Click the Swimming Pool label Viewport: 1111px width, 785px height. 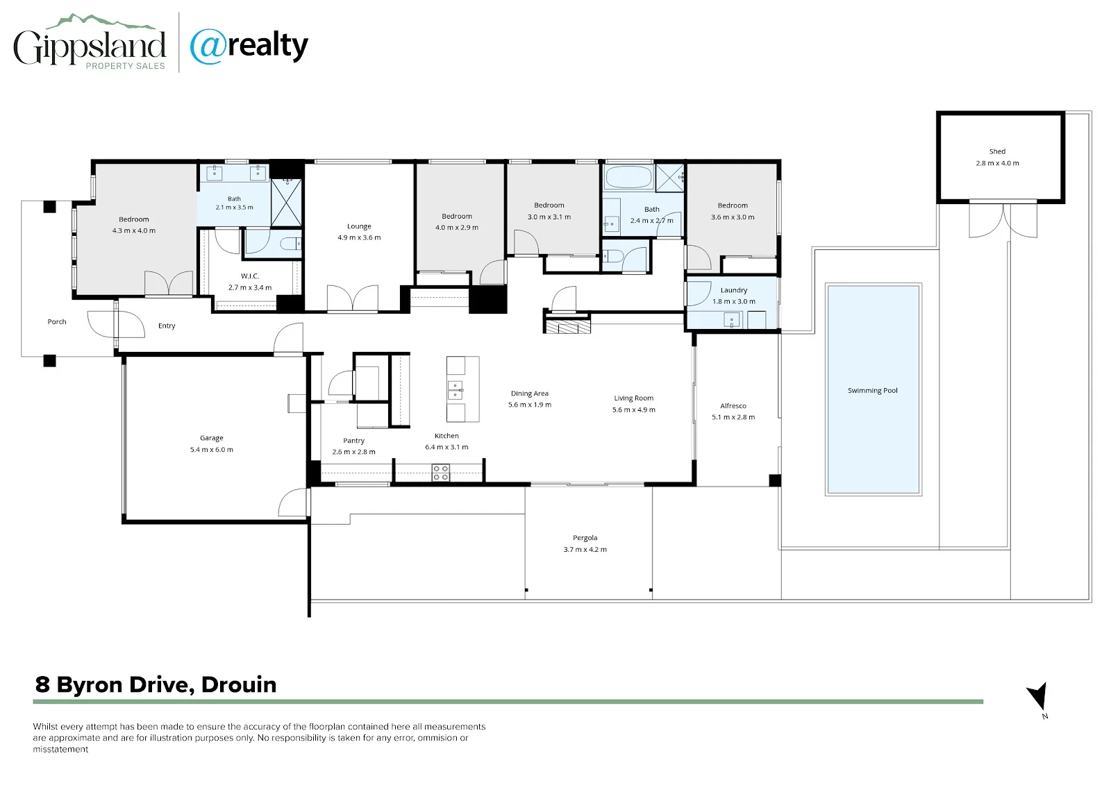click(x=872, y=390)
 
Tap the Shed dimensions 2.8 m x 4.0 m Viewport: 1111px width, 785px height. click(x=997, y=163)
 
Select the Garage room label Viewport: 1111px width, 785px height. click(x=211, y=438)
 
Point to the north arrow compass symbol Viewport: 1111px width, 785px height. click(x=1037, y=695)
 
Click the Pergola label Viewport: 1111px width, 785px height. click(x=585, y=537)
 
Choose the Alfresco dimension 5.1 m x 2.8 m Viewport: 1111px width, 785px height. click(x=733, y=417)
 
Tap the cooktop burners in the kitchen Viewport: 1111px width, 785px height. click(x=440, y=473)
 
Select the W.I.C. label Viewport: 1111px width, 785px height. click(x=250, y=276)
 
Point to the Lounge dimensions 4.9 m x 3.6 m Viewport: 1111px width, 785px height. click(x=359, y=237)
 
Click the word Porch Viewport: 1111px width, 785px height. click(x=56, y=321)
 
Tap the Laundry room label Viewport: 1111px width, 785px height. click(x=733, y=290)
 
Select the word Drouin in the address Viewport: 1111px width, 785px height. click(x=239, y=685)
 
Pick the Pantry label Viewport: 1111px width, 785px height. click(x=353, y=440)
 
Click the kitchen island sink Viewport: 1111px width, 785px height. click(x=456, y=390)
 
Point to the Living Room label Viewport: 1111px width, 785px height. click(x=633, y=398)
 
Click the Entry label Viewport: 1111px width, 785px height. click(x=167, y=326)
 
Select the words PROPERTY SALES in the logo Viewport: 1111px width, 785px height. click(x=125, y=66)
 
